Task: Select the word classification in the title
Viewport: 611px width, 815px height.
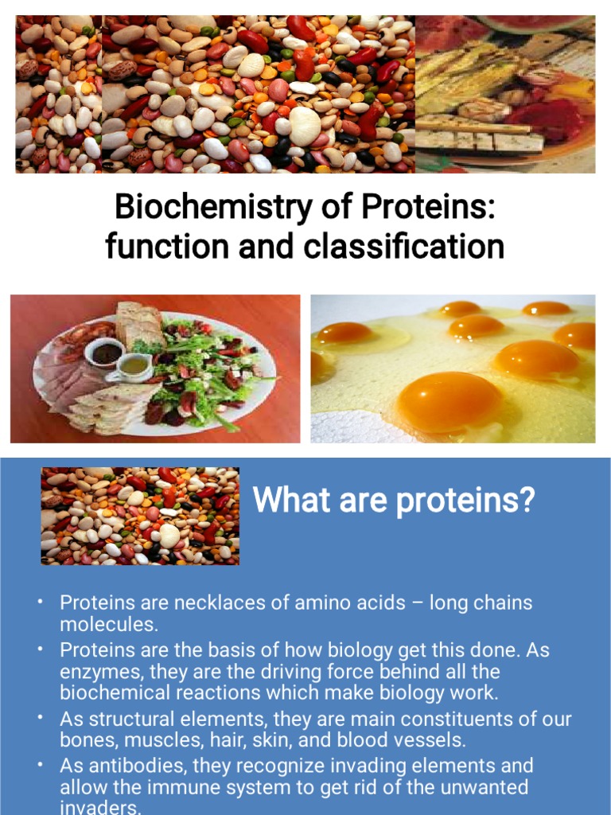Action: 403,247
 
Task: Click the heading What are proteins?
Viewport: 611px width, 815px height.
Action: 394,501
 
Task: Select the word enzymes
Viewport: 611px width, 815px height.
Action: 101,672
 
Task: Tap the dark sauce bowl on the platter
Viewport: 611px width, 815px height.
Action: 106,352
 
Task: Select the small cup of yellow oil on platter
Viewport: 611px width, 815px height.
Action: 131,366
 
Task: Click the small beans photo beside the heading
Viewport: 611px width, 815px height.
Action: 140,516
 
